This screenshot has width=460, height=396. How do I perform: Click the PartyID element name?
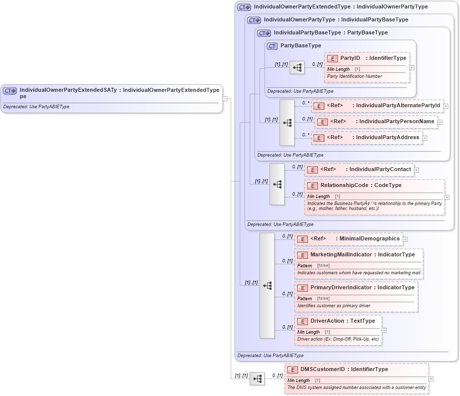coord(350,58)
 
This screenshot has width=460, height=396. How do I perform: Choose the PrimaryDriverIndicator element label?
coord(341,288)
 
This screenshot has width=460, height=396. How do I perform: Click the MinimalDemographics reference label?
coord(369,239)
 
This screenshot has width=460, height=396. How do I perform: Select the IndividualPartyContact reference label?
coord(380,170)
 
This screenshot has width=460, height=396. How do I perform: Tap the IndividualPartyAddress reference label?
coord(387,138)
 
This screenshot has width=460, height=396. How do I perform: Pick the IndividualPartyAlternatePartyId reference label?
coord(398,106)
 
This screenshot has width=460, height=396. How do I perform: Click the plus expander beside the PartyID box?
coord(412,67)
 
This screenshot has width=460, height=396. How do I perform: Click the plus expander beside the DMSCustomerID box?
coord(431,379)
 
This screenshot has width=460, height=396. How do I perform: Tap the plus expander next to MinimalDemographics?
coord(405,239)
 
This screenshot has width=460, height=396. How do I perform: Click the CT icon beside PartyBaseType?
coord(272,46)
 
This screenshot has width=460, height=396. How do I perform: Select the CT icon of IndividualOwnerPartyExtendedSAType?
coord(10,91)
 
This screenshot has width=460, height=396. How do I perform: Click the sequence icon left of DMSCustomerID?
coord(257,379)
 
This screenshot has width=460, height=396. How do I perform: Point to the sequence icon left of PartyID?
coord(297,68)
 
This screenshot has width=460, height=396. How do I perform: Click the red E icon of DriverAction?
coord(302,321)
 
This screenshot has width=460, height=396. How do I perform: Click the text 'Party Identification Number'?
coord(354,76)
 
